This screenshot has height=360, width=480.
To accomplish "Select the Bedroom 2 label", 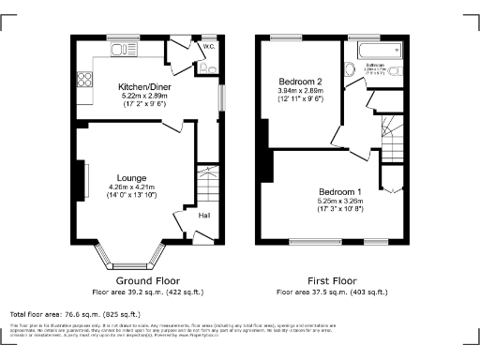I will pyautogui.click(x=301, y=82).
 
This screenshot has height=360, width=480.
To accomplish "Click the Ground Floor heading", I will pyautogui.click(x=147, y=280).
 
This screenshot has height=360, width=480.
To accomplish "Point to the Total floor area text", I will pyautogui.click(x=75, y=314).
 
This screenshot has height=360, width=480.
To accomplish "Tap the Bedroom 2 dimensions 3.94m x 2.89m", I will pyautogui.click(x=301, y=92).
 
